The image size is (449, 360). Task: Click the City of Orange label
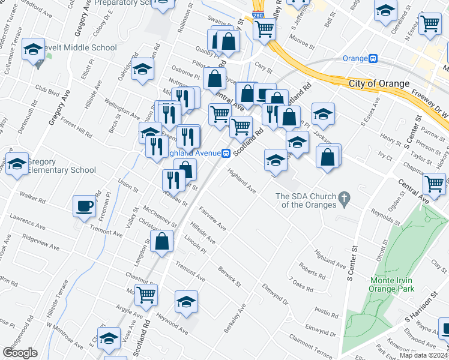[379, 83]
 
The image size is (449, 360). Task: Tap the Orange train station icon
[373, 58]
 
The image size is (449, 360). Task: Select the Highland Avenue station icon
[226, 153]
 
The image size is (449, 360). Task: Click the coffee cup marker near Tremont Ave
[84, 206]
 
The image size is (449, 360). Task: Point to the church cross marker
[344, 197]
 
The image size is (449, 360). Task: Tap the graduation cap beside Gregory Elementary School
[17, 164]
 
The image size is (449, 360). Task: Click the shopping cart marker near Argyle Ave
[146, 295]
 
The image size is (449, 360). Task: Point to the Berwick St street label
[229, 276]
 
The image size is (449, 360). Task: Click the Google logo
[20, 353]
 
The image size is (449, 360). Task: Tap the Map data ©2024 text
[423, 355]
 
